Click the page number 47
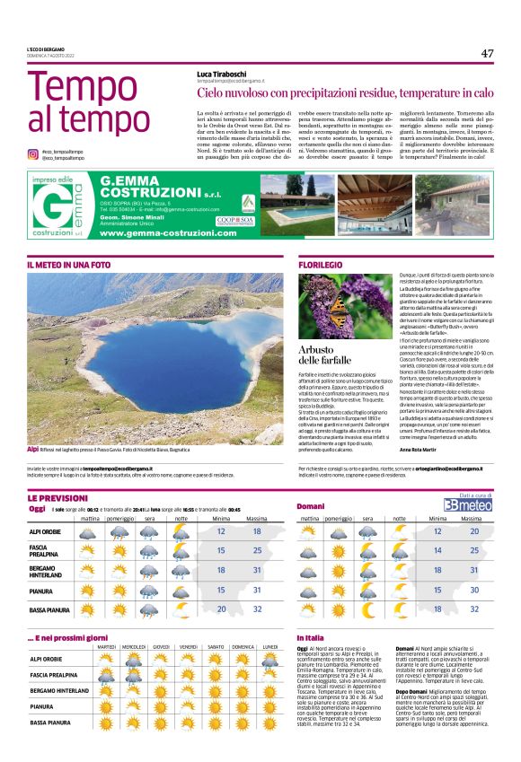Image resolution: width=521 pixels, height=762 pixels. (x=487, y=53)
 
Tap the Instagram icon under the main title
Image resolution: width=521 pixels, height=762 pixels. (x=32, y=154)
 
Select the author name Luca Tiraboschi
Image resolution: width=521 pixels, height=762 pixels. (x=224, y=74)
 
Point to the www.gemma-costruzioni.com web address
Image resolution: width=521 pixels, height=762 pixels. (x=155, y=232)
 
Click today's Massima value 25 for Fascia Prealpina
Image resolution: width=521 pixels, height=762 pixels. (x=257, y=550)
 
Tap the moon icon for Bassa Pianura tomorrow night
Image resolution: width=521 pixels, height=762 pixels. (x=395, y=609)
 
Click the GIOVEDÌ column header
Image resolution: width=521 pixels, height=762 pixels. (x=161, y=646)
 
